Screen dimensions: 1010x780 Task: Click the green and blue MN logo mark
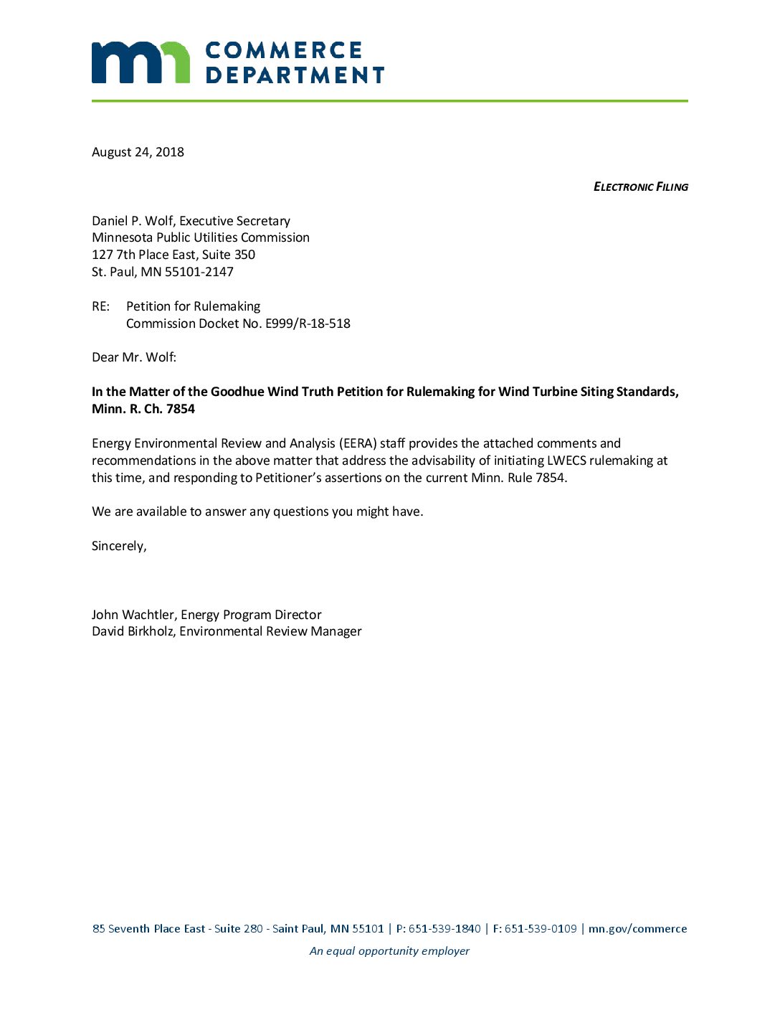coord(141,62)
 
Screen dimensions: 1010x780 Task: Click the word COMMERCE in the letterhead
coord(284,50)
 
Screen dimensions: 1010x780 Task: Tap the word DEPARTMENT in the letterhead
coord(295,75)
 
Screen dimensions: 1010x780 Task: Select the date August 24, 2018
coord(138,152)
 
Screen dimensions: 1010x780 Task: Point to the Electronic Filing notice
coord(640,187)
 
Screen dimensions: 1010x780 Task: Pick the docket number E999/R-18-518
coord(308,324)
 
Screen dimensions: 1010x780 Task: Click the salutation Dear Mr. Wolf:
coord(134,357)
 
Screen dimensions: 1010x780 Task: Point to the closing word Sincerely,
coord(119,546)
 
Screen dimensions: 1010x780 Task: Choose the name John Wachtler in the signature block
coord(133,615)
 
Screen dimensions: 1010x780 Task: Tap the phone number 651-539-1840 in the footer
coord(444,929)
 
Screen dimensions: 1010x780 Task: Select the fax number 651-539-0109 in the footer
coord(541,929)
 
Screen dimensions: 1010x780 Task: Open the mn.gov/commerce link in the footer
coord(637,929)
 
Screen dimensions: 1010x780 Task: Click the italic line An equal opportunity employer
coord(389,951)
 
